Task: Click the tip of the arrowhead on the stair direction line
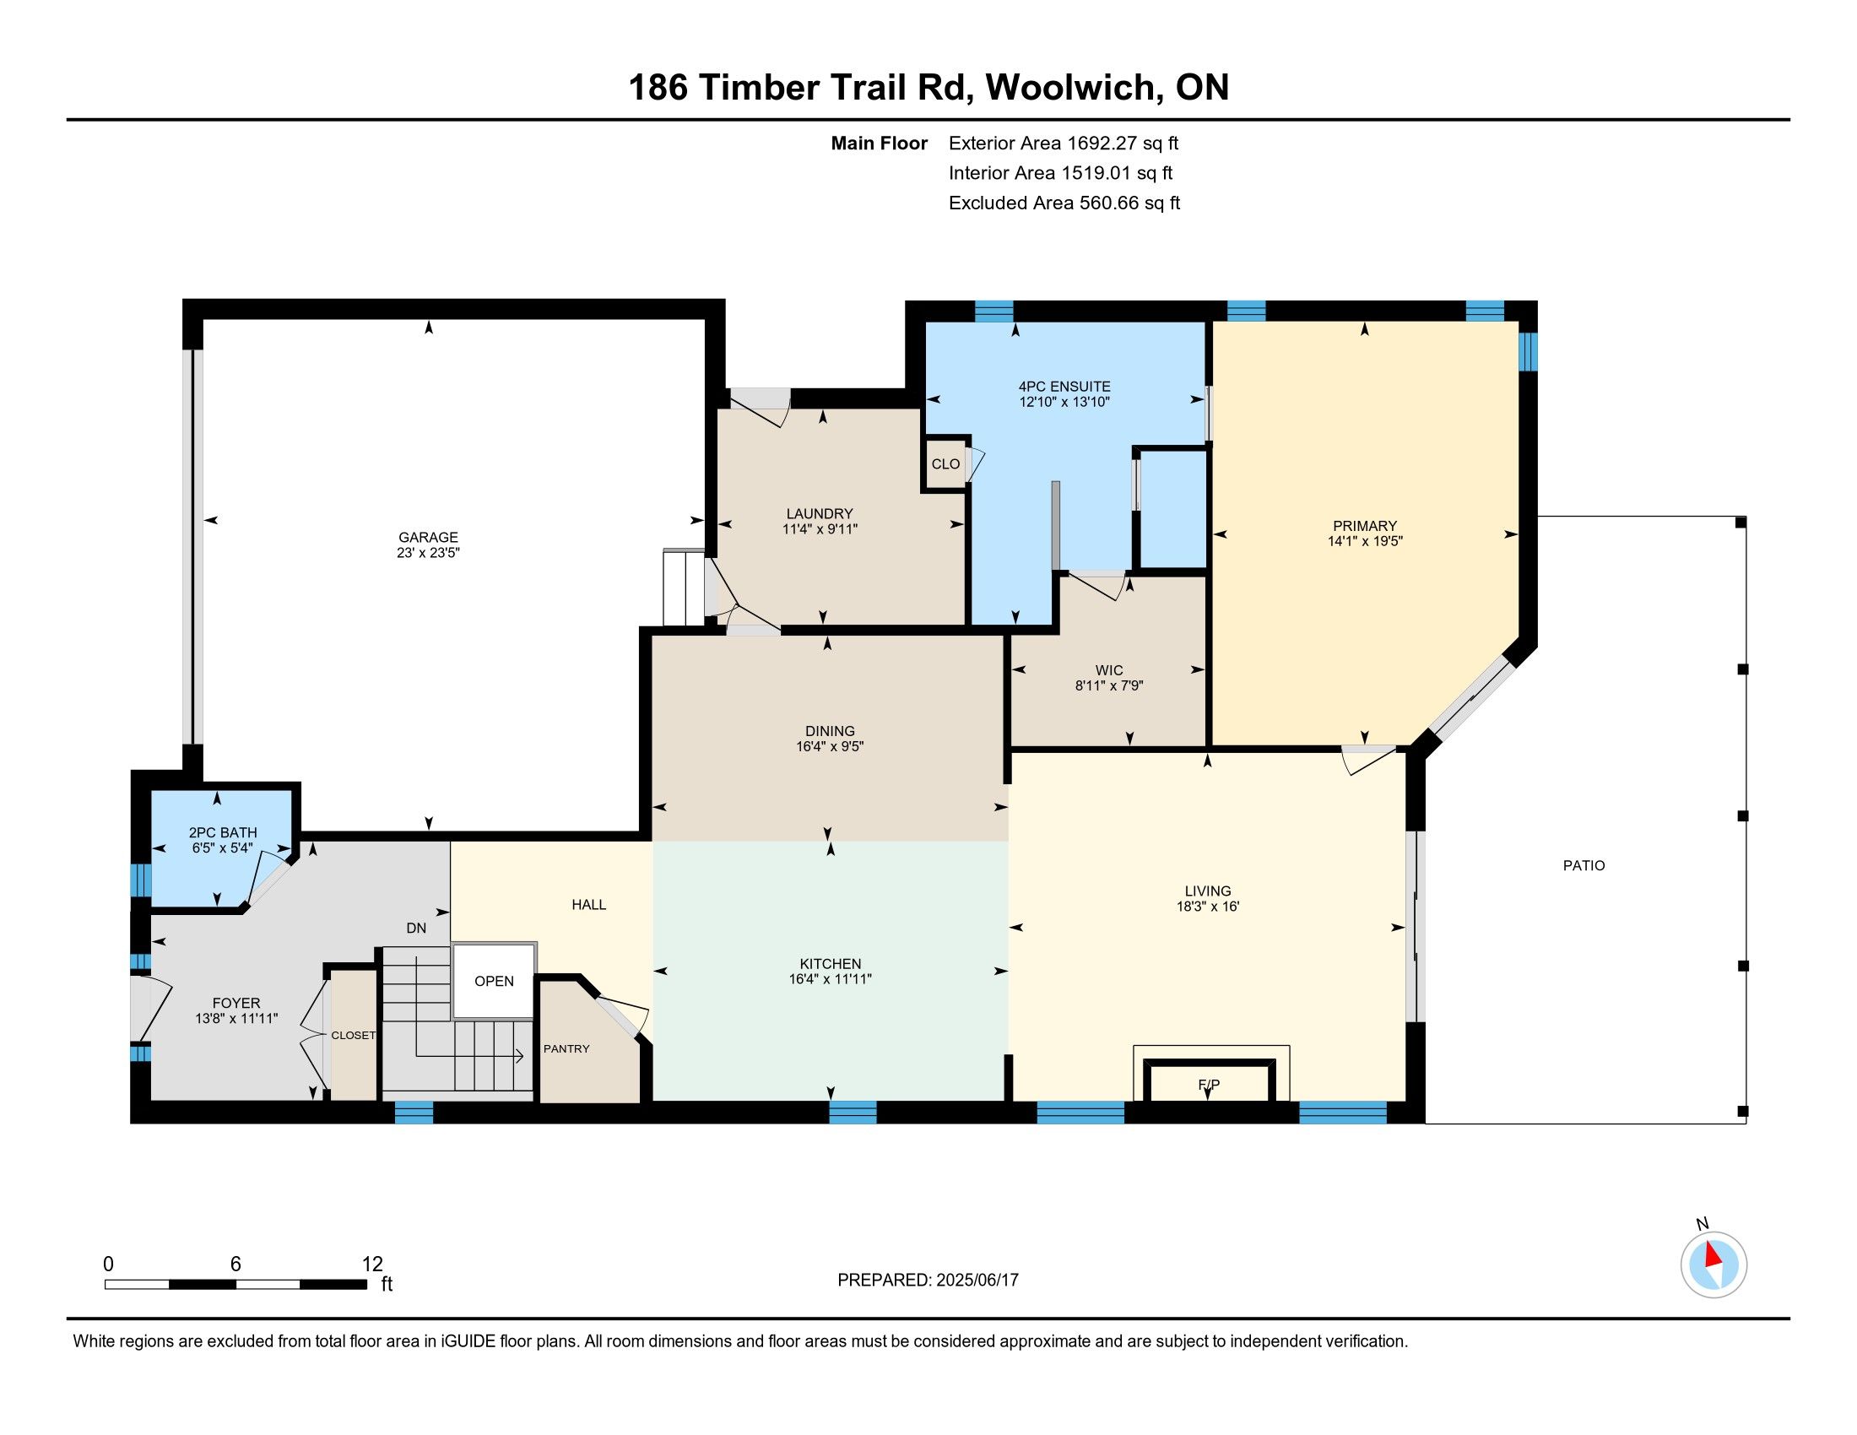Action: (522, 1057)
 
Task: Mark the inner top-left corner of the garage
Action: (204, 320)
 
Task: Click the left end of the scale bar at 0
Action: (106, 1284)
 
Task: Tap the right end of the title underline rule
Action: (1789, 120)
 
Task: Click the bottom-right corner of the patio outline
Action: (1746, 1123)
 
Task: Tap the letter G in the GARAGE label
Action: (403, 537)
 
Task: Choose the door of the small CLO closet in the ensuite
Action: (975, 463)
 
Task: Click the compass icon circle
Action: (1714, 1265)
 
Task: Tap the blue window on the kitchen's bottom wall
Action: (852, 1112)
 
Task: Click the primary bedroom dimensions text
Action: (1365, 541)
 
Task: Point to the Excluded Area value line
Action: (1064, 203)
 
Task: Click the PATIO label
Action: (1584, 865)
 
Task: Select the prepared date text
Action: (928, 1281)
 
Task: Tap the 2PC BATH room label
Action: (223, 833)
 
